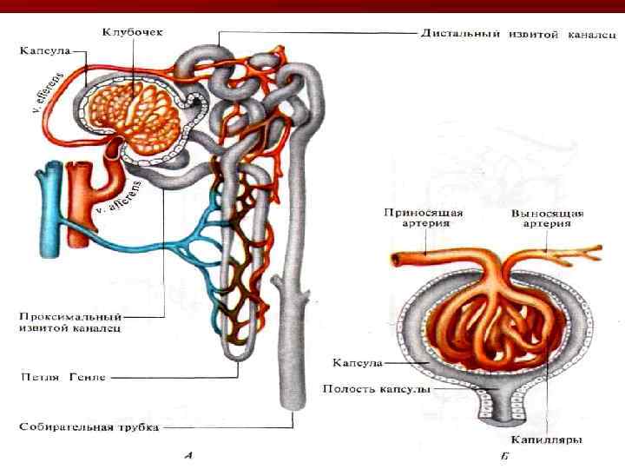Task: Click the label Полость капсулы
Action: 376,389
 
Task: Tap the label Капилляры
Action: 547,439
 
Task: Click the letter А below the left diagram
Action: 189,453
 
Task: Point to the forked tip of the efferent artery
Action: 589,251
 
